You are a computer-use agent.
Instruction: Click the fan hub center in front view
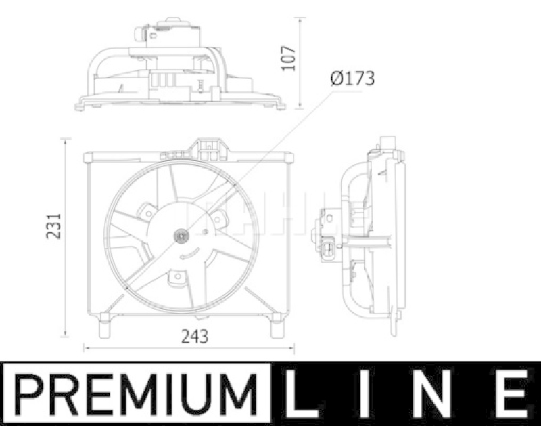pos(182,236)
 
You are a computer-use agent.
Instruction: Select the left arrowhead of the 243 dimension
pos(85,348)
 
